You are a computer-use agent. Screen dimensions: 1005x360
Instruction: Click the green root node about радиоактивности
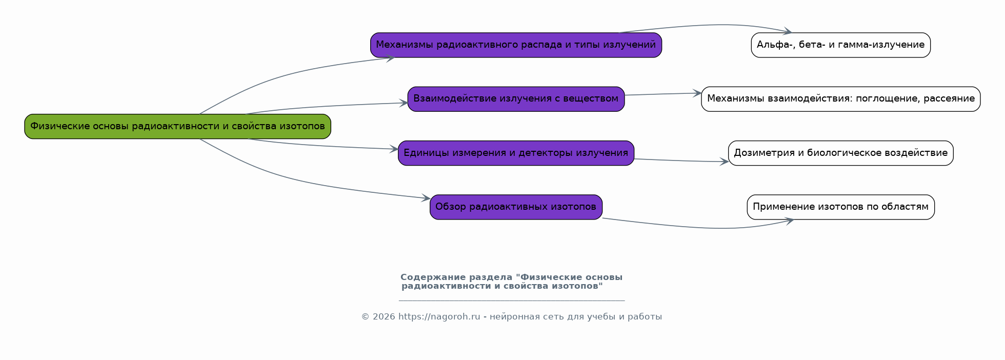(177, 126)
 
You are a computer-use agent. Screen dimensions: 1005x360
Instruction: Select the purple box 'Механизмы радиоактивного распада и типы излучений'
(516, 45)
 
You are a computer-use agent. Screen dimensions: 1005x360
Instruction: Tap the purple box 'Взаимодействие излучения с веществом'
(516, 99)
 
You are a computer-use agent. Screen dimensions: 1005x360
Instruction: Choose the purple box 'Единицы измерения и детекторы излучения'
(516, 153)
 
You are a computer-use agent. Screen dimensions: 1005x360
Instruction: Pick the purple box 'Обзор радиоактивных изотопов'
(516, 207)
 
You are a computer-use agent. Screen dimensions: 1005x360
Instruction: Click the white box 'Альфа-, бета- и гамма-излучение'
(840, 45)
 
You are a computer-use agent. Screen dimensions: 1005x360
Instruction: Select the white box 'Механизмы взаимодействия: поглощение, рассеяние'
(840, 99)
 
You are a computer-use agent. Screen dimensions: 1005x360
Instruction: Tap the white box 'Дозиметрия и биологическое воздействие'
(840, 153)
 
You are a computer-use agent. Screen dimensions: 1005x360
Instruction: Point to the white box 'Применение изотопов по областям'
(840, 207)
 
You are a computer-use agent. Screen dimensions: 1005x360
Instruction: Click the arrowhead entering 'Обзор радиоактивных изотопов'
(426, 198)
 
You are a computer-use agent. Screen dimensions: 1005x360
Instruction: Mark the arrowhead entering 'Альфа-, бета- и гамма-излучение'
(787, 32)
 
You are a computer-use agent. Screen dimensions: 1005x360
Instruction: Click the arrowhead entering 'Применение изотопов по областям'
(789, 221)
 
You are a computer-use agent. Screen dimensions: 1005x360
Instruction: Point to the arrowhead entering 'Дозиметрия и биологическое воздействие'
(724, 162)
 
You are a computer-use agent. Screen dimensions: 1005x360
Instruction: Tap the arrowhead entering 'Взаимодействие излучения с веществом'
(403, 103)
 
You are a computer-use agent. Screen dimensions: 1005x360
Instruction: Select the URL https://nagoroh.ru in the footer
(439, 317)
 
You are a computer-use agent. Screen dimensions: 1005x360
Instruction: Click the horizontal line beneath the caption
(512, 301)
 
